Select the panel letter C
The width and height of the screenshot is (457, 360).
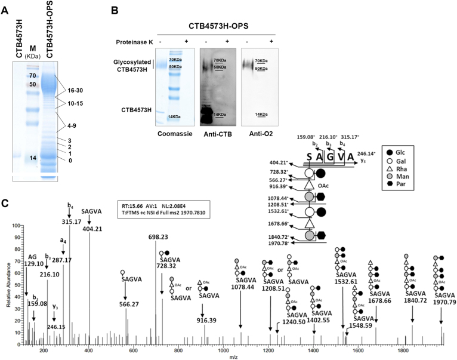click(5, 204)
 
